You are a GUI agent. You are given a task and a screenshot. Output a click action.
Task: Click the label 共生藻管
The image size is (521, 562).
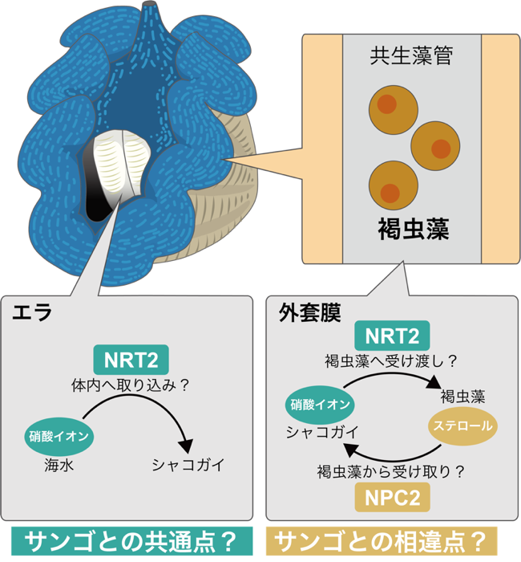(x=411, y=56)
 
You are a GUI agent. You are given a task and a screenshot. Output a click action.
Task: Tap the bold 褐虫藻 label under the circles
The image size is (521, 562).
(x=414, y=230)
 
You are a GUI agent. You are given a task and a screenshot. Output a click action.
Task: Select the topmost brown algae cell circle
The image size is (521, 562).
(x=394, y=110)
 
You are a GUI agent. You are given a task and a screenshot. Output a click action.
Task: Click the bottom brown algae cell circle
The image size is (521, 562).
(x=394, y=185)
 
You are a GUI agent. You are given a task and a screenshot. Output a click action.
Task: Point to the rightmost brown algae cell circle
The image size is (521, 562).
(x=435, y=146)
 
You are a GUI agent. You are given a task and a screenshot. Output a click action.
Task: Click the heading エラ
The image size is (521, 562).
(x=32, y=312)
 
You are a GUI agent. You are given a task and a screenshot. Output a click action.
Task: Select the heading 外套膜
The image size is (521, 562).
(x=309, y=312)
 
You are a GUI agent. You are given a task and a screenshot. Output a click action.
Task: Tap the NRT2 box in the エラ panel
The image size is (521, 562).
(x=131, y=360)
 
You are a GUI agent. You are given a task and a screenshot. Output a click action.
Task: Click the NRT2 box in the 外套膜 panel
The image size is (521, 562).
(x=392, y=336)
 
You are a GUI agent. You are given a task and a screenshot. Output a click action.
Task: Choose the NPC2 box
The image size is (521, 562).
(x=392, y=498)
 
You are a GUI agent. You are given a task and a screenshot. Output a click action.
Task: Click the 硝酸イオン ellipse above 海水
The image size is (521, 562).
(x=59, y=437)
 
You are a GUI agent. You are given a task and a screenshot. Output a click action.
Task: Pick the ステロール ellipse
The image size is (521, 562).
(x=462, y=426)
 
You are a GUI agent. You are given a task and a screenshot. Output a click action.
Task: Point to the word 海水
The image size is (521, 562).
(x=59, y=465)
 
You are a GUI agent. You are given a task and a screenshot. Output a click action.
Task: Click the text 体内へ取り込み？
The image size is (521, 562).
(x=130, y=385)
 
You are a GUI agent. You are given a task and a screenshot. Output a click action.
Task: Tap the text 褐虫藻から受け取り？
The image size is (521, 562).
(x=391, y=471)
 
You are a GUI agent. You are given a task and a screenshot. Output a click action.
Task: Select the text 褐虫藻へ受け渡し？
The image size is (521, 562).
(x=391, y=361)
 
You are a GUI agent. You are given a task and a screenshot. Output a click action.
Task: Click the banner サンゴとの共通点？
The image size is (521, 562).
(x=132, y=541)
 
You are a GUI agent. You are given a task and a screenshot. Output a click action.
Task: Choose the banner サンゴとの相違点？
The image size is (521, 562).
(x=382, y=541)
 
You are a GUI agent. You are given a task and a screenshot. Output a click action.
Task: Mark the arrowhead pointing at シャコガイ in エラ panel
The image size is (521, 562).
(x=186, y=446)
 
